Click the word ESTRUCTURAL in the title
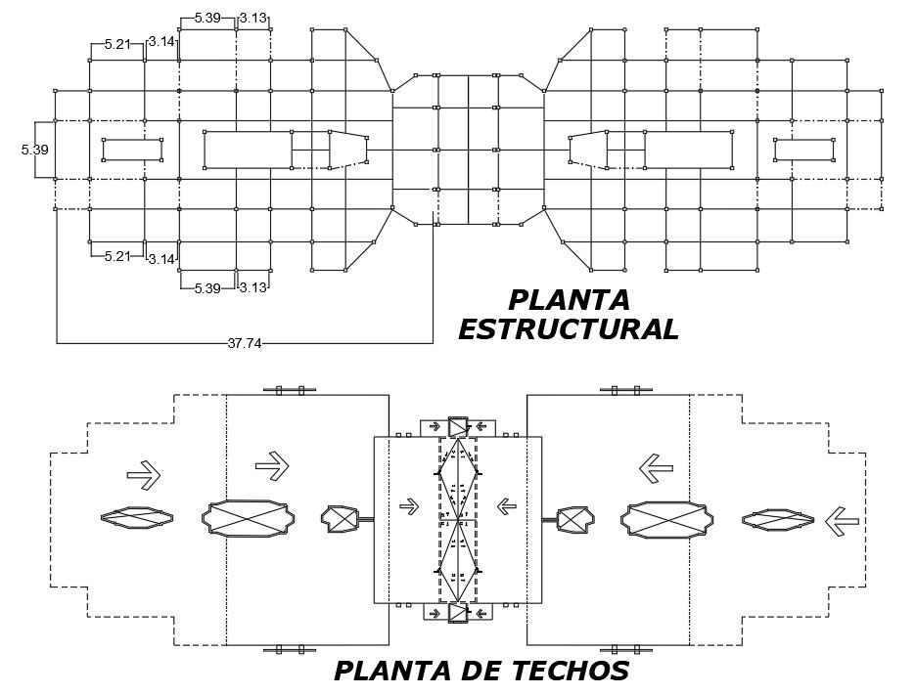pos(568,329)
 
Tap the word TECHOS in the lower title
pos(568,671)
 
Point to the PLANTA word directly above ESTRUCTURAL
pos(569,299)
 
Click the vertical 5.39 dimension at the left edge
pos(34,150)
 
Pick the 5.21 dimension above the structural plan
pos(116,44)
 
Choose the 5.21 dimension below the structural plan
pos(116,257)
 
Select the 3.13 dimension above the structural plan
pos(253,18)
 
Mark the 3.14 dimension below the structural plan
pos(160,259)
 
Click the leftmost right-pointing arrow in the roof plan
pos(143,475)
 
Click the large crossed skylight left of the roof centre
pos(249,519)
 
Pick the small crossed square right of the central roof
pos(572,519)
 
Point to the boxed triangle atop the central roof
pos(458,426)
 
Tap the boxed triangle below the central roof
pos(458,613)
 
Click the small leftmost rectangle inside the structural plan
pos(132,150)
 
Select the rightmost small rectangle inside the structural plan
pos(802,150)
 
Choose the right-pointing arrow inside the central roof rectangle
pos(409,505)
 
